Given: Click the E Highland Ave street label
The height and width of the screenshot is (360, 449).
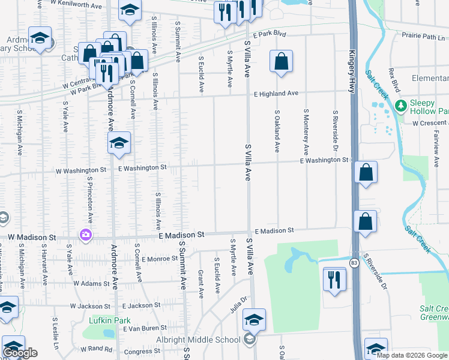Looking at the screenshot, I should click(x=276, y=94).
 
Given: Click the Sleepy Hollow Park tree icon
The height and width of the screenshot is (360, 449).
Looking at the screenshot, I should click(x=402, y=106).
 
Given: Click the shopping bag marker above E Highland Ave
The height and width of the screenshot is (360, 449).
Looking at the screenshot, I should click(x=280, y=61).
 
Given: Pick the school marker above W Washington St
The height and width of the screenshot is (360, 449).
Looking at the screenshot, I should click(x=119, y=143).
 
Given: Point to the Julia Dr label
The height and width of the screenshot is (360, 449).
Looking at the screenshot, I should click(x=239, y=305).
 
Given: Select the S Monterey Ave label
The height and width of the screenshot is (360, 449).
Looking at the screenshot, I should click(x=306, y=133).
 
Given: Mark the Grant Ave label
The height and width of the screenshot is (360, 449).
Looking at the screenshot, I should click(x=200, y=283).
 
